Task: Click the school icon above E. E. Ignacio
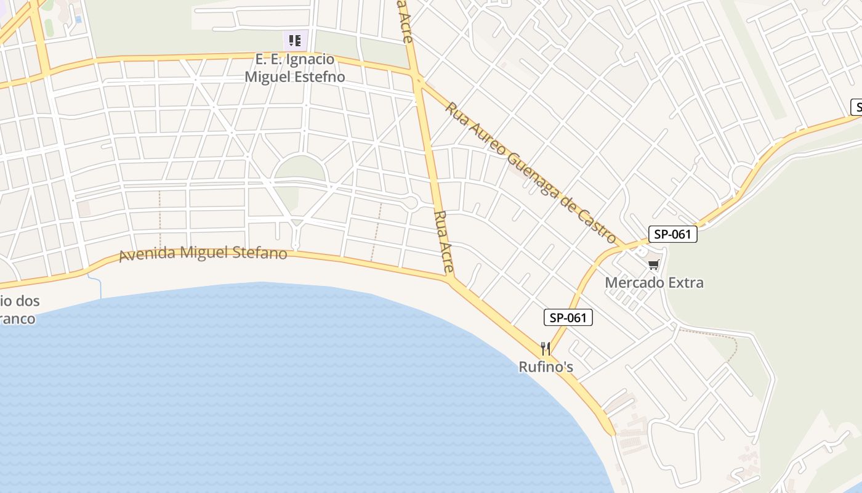[x=295, y=41]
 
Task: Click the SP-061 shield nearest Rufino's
[x=568, y=318]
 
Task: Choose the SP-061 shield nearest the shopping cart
[x=672, y=234]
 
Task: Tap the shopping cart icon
[x=653, y=265]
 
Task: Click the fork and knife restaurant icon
[x=545, y=349]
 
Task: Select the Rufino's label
[x=546, y=367]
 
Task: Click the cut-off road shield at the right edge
[x=856, y=107]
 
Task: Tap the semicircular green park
[x=299, y=168]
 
